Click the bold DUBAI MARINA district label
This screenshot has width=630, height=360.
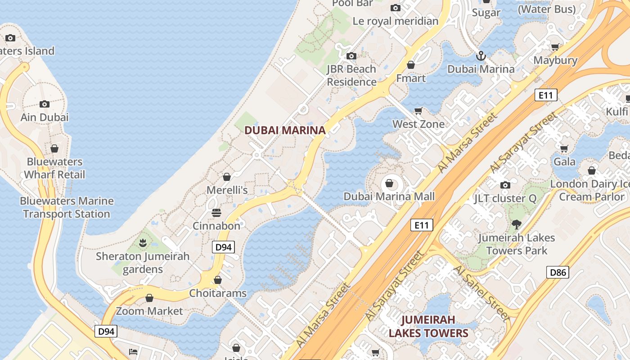[284, 130]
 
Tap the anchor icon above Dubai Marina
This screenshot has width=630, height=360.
[481, 56]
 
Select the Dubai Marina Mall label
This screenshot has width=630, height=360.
[389, 197]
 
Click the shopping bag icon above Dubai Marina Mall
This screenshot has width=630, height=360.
[389, 184]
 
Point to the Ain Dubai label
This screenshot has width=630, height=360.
[45, 117]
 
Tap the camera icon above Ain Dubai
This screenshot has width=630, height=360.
[45, 104]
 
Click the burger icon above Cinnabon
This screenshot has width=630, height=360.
[216, 212]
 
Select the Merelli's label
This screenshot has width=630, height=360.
[227, 190]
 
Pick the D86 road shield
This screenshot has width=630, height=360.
[558, 272]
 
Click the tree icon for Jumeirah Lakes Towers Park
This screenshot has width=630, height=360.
[516, 224]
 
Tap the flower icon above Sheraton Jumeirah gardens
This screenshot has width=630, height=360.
[143, 243]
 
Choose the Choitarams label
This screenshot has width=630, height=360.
[218, 293]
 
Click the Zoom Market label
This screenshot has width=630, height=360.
[149, 311]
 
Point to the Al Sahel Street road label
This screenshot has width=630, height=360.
[482, 292]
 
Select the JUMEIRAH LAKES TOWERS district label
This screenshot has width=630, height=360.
[428, 327]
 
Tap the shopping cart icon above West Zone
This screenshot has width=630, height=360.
[418, 111]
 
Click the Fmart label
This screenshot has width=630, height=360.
[411, 78]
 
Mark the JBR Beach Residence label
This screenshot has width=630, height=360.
[351, 76]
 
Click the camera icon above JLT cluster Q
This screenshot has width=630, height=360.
[505, 185]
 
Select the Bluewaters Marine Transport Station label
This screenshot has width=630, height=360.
[67, 207]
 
